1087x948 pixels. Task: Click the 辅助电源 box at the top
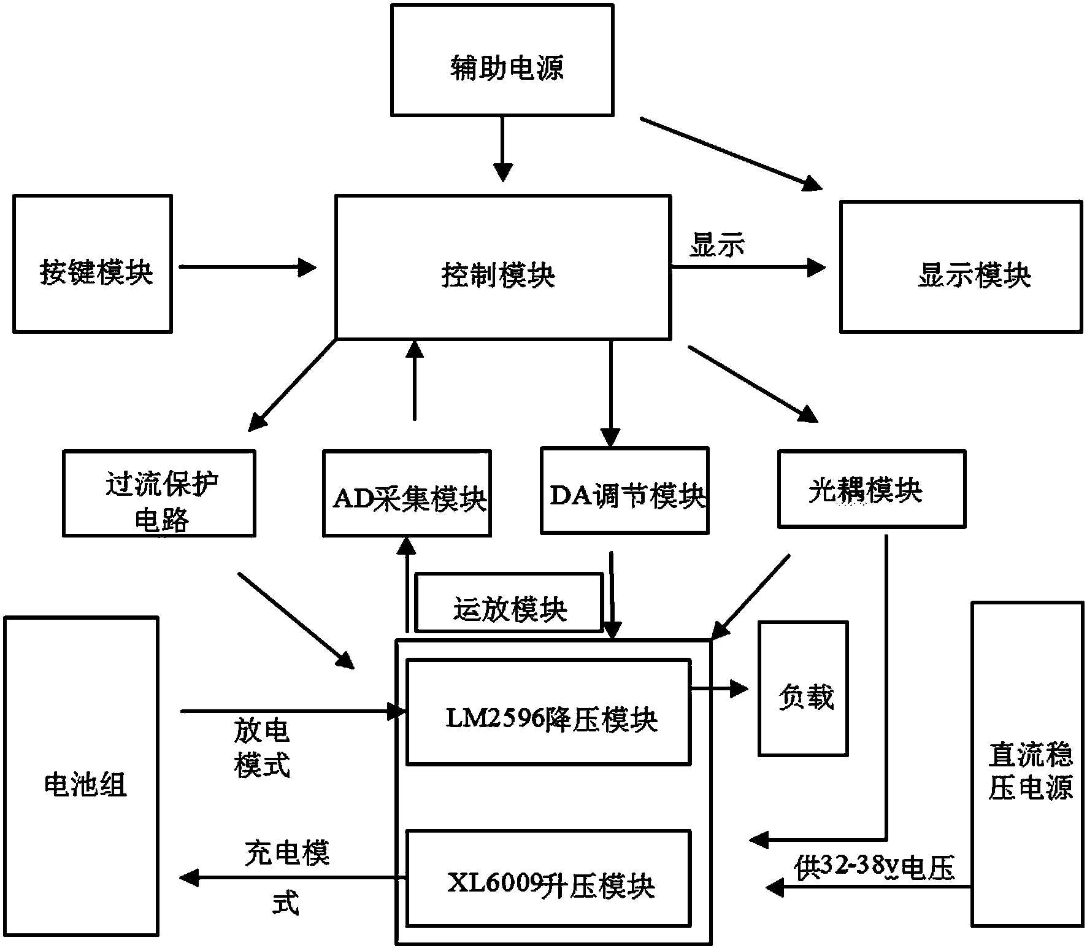click(x=502, y=60)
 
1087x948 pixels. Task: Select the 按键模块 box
click(x=93, y=264)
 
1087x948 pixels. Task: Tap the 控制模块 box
click(x=502, y=268)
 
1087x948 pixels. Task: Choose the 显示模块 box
click(x=961, y=267)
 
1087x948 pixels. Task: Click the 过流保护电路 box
click(x=159, y=493)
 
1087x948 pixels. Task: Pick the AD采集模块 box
click(x=407, y=493)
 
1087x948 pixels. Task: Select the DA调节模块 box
click(x=624, y=490)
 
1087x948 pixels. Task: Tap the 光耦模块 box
click(x=871, y=488)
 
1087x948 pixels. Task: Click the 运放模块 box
click(x=509, y=603)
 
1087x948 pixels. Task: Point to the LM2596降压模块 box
click(x=548, y=712)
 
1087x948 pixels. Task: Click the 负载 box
click(x=803, y=688)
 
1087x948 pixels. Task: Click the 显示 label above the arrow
click(x=716, y=245)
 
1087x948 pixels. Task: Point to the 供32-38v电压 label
click(x=874, y=868)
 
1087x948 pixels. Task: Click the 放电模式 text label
click(x=262, y=749)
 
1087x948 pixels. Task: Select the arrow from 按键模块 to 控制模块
click(x=247, y=266)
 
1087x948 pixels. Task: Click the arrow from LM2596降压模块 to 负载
click(x=719, y=688)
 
